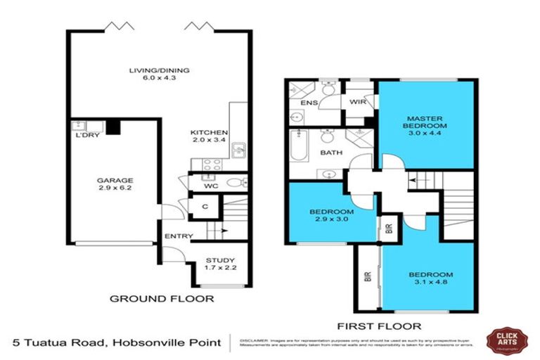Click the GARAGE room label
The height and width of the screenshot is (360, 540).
[x=115, y=181]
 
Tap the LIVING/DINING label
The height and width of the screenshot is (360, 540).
[x=159, y=70]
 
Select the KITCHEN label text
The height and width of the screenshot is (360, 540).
[x=209, y=132]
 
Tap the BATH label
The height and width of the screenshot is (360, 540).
[x=330, y=153]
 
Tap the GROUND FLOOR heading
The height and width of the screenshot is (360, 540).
[x=162, y=299]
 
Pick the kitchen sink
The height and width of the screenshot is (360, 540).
[x=239, y=149]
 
